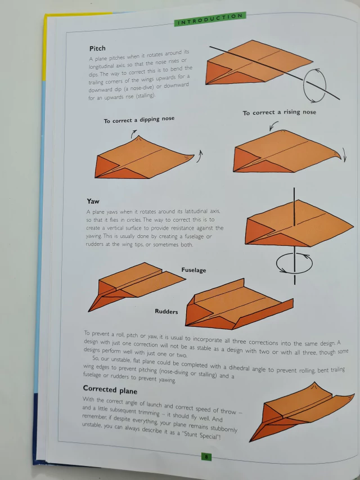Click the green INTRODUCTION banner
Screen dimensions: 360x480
coord(210,19)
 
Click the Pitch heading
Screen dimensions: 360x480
coord(97,48)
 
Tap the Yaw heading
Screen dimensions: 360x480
coord(93,201)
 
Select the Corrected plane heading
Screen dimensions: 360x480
coord(110,389)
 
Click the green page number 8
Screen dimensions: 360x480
coord(206,457)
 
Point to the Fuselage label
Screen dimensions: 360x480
coord(193,270)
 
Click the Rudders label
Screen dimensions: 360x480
coord(166,312)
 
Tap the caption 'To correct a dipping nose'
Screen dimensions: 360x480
coord(139,120)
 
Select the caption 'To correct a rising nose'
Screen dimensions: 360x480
coord(279,113)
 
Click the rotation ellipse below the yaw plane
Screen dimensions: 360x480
coord(277,264)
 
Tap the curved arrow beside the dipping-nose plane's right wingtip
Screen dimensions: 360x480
coord(200,156)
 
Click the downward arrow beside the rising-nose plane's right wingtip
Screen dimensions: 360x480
coord(344,155)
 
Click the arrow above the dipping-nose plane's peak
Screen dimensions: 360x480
coord(134,133)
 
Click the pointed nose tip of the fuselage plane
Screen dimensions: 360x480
coord(89,311)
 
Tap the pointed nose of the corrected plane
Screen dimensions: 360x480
coord(250,441)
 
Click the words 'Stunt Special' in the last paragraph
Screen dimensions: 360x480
coord(201,434)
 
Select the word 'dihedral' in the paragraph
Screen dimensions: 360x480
coord(240,367)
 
